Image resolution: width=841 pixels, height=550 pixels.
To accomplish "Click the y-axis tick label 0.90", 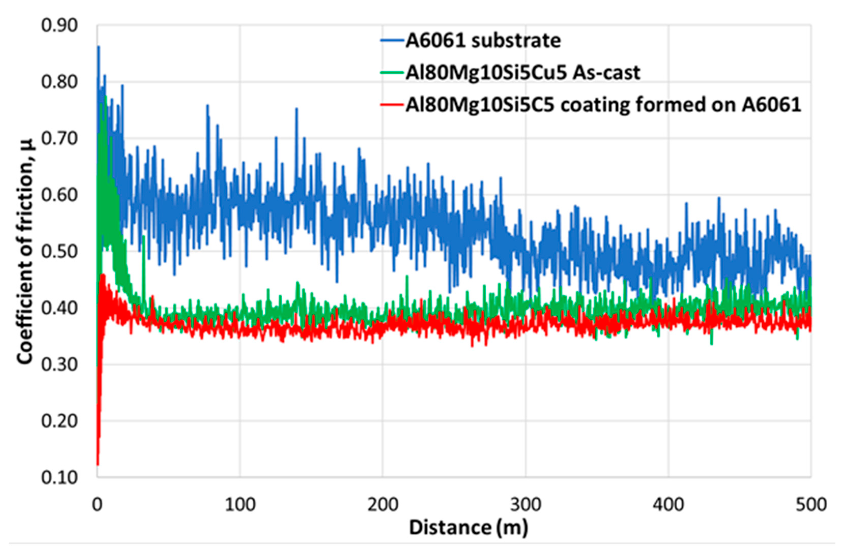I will pos(59,26).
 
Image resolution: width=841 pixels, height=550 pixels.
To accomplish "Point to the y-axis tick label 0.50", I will pos(59,252).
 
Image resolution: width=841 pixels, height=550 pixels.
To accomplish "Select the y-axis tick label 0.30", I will pos(59,365).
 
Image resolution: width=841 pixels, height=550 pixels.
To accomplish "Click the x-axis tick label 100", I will pos(240,505).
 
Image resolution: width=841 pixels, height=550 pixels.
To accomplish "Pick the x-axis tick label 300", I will pos(526,505).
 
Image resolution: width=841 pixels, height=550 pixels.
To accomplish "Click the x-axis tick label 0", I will pos(97,505).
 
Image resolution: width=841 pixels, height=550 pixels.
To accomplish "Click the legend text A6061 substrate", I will pos(483,41).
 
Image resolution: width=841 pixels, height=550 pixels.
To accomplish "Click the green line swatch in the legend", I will pos(392,73).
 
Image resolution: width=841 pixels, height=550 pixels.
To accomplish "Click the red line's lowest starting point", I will pos(97,465).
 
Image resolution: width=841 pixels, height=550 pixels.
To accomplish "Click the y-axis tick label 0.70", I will pos(59,139).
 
